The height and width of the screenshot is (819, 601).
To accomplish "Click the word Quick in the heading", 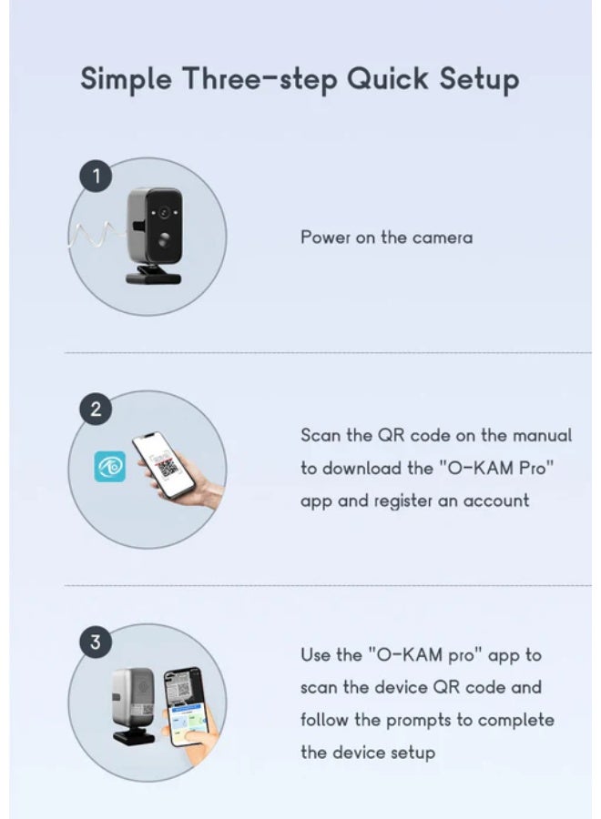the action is [387, 79].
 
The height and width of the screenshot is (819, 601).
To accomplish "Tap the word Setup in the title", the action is [479, 79].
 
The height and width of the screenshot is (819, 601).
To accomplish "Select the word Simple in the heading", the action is [126, 79].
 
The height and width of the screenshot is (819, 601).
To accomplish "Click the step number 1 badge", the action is [96, 177].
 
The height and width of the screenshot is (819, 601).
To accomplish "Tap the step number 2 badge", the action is [96, 409].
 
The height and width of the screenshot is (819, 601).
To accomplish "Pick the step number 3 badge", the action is [96, 641].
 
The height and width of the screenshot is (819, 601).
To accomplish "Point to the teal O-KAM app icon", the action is [110, 467].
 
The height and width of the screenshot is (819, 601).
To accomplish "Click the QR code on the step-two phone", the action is [168, 467].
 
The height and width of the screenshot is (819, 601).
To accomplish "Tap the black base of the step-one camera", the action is [154, 275].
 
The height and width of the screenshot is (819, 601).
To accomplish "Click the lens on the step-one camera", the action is [164, 213].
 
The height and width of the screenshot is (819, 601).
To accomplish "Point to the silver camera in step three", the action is [134, 704].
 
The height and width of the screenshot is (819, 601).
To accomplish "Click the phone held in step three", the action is [185, 705].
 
